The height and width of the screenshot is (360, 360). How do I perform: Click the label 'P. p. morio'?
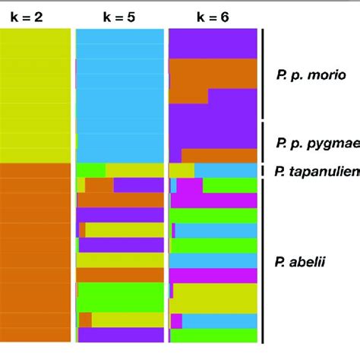(x=311, y=75)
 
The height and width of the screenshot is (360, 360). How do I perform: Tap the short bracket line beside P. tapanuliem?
(x=263, y=171)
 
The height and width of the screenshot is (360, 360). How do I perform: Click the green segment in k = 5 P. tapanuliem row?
(x=91, y=170)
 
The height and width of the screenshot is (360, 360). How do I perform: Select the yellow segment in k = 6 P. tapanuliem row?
(x=181, y=170)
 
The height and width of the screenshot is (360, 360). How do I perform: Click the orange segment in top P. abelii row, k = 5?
(x=99, y=185)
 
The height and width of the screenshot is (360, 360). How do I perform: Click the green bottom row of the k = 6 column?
(x=213, y=334)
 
